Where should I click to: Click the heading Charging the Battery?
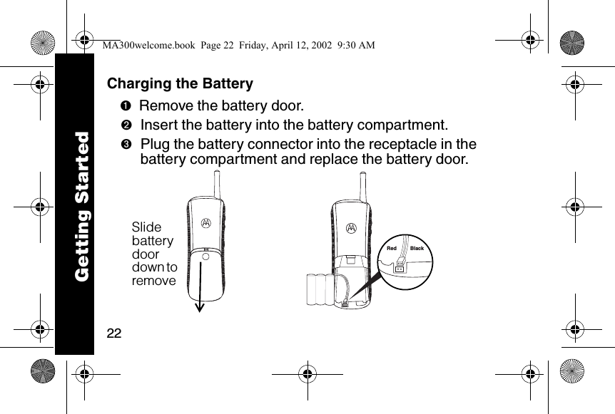(180, 84)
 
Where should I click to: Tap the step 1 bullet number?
(124, 107)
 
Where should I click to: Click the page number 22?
(114, 333)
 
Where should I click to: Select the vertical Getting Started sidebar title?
(82, 206)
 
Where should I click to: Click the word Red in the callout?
(391, 249)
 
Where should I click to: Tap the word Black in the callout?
(417, 249)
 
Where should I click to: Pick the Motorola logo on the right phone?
(351, 228)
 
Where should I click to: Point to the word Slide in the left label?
(147, 227)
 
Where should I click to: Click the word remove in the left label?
(153, 281)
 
